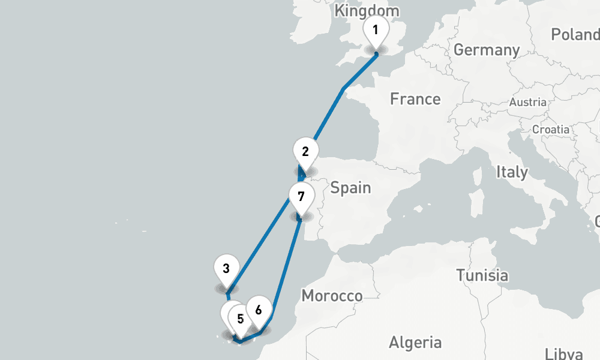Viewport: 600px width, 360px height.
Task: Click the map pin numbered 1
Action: coord(376,29)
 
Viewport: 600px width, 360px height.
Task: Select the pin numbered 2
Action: coord(305,152)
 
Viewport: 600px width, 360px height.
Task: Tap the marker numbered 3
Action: coord(226,268)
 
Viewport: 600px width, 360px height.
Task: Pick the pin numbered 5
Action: coord(240,319)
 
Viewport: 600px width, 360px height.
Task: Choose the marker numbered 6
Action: coord(258,310)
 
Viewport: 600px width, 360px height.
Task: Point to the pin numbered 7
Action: coord(301,196)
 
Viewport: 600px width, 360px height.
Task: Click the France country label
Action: coord(415,99)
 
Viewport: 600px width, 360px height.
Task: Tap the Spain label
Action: coord(351,188)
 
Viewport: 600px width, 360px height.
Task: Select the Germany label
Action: coord(487,50)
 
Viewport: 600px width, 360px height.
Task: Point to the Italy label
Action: coord(512,173)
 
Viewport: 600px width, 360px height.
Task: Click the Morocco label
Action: coord(332,296)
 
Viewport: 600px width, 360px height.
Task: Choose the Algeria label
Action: coord(415,343)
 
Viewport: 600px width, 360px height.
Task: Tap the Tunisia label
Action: coord(482,276)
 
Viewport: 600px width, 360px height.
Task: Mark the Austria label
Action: coord(528,103)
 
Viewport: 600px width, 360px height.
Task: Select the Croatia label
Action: coord(551,129)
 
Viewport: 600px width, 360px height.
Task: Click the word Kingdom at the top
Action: coord(367,11)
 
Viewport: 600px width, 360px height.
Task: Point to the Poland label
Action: coord(574,34)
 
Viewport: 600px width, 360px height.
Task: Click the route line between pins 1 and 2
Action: coord(329,114)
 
